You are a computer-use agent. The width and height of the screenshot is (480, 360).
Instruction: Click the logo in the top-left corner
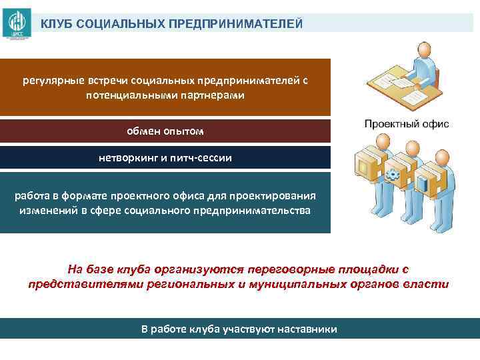(16, 23)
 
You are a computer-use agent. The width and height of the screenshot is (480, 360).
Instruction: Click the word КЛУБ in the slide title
(55, 24)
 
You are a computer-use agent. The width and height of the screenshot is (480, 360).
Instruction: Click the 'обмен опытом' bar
(165, 131)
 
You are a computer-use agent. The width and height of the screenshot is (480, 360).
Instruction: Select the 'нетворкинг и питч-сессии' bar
(165, 158)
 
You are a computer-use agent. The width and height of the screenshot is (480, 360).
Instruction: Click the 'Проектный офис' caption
(407, 124)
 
